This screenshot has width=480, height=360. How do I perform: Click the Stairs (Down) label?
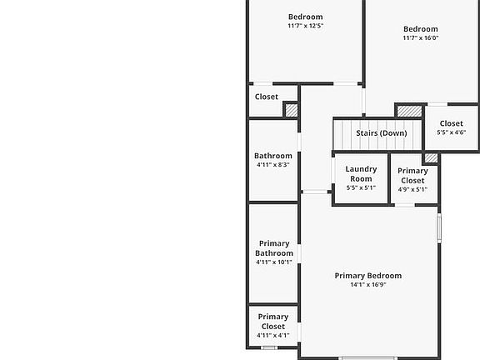pos(382,133)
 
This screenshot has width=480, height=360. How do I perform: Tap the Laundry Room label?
pos(361,174)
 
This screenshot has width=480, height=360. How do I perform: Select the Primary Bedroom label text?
pos(368,276)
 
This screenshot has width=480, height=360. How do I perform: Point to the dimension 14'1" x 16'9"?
pos(368,285)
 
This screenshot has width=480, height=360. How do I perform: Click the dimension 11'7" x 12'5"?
pos(306,26)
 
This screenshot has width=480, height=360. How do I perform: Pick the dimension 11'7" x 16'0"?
pos(421,38)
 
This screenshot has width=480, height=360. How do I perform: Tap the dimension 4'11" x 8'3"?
pos(273,165)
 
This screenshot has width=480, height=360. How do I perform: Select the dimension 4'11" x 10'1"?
pos(274,262)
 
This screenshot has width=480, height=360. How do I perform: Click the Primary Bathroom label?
pos(274,248)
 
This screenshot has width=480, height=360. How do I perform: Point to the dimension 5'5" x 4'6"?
pos(451,132)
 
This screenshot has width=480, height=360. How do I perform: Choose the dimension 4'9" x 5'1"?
pos(412,189)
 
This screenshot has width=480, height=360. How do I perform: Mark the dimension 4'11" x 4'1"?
pos(273,336)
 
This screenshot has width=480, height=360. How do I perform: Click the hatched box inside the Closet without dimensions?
pos(291,110)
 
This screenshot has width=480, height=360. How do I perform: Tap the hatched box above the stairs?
pos(409,111)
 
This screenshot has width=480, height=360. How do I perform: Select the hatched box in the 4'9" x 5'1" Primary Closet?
pos(431,158)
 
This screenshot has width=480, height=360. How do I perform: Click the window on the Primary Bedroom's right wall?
pos(439,228)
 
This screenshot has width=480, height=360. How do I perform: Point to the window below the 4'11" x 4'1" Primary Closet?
pos(269,347)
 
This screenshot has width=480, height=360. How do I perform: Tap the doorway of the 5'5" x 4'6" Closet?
pos(437,104)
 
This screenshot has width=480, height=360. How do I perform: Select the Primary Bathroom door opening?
pos(299,254)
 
